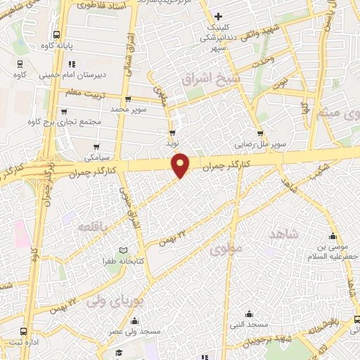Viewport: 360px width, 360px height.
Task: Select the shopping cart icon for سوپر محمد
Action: point(127,99)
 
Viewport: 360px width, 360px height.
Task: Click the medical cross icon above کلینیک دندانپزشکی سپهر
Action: point(219,16)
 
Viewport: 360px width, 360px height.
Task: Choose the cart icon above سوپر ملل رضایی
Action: point(260,134)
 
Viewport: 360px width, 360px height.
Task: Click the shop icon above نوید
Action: point(172,132)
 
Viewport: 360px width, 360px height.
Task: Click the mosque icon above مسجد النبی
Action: point(250,314)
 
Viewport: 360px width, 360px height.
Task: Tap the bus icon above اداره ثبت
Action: point(25,330)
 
